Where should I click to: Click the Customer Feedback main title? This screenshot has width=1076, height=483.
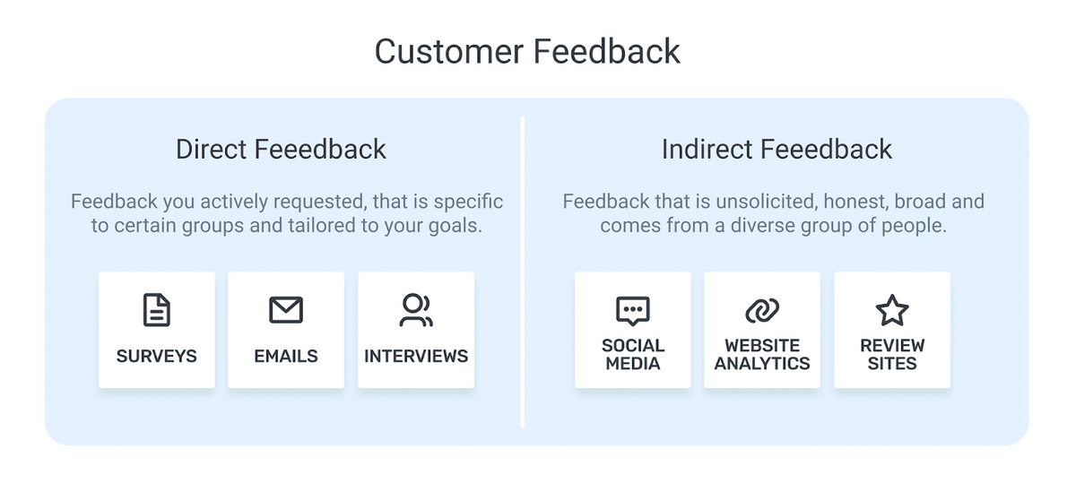pos(527,51)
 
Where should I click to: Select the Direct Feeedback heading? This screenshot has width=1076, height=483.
pos(281,149)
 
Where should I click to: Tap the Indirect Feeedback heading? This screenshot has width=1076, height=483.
pos(777,149)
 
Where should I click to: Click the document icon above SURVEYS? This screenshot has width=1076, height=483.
pos(157,310)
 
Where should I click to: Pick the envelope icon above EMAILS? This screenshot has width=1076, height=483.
pos(286,310)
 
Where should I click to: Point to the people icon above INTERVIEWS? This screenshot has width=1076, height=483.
pos(416,310)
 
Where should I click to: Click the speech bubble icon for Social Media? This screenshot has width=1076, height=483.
pos(633,311)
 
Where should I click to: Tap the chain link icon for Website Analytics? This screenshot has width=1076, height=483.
pos(762,310)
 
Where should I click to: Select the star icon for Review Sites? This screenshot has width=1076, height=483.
pos(892,310)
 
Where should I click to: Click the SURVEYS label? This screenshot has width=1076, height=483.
pos(157,357)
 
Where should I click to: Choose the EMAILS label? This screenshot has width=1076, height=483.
pos(286,357)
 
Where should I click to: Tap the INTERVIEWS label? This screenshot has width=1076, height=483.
pos(416,357)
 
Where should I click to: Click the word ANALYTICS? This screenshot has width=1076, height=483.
pos(762,364)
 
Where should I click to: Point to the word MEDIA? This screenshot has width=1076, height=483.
pos(633,364)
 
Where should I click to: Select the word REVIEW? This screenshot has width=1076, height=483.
pos(892,346)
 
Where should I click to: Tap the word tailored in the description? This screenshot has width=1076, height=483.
pos(321,226)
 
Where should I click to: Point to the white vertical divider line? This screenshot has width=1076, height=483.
pos(522,272)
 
